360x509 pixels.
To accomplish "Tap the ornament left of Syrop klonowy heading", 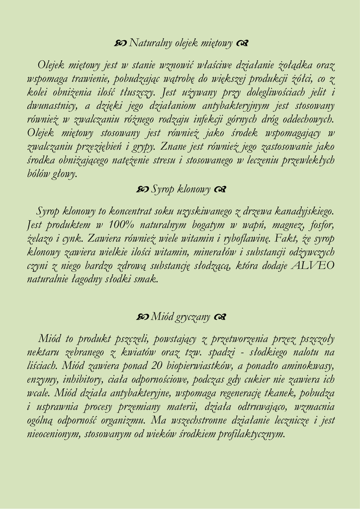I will pyautogui.click(x=142, y=189).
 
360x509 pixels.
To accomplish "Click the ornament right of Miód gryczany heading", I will pyautogui.click(x=221, y=317).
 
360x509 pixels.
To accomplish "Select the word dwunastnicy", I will pyautogui.click(x=50, y=105).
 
